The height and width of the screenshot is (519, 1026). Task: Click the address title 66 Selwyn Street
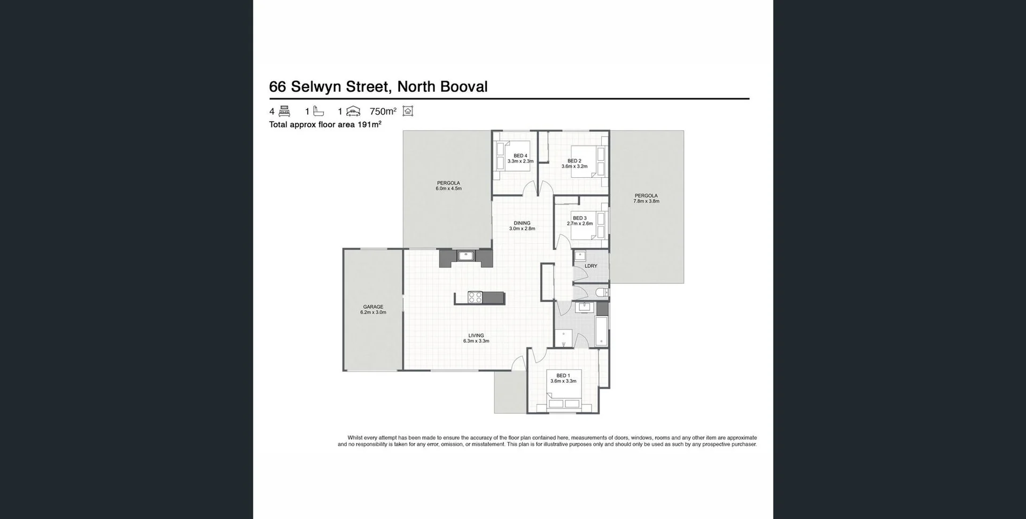click(378, 86)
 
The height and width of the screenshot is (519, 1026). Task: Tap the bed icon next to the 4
click(284, 111)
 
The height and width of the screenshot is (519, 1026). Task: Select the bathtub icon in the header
click(318, 111)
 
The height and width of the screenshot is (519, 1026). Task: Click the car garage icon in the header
click(353, 111)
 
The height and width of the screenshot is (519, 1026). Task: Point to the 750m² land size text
click(383, 112)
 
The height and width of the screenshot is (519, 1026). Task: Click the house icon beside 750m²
click(408, 111)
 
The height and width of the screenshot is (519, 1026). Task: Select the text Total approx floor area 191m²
click(325, 124)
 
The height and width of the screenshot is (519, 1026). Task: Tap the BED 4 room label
click(520, 158)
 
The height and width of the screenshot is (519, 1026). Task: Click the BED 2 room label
click(574, 163)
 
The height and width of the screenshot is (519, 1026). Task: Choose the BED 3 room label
click(579, 221)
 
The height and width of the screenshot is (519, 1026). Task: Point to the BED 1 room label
click(563, 378)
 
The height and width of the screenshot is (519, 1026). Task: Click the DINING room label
click(522, 225)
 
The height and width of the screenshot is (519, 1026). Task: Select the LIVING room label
click(476, 338)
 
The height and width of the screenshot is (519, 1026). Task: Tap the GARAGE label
click(373, 309)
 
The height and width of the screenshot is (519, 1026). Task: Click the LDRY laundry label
click(590, 266)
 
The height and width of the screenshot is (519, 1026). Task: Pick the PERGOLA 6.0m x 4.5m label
click(448, 185)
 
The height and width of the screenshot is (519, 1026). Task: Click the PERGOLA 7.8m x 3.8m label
click(646, 198)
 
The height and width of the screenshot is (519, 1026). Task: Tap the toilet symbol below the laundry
click(602, 292)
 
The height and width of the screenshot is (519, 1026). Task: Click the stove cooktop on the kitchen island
click(475, 297)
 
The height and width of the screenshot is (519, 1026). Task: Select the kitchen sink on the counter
click(466, 256)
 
